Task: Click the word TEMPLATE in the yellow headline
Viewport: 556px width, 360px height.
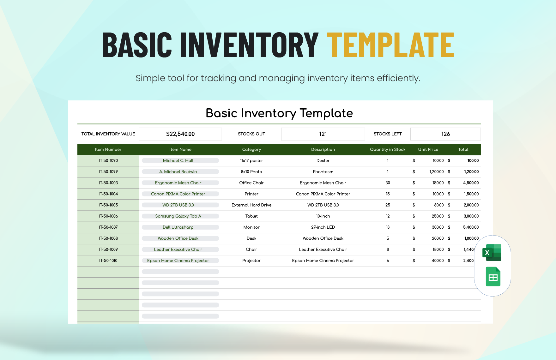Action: tap(390, 45)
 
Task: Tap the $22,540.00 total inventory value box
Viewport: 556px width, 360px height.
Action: tap(180, 134)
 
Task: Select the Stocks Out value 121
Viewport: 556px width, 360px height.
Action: tap(323, 134)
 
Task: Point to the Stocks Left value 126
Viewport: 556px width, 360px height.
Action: tap(445, 134)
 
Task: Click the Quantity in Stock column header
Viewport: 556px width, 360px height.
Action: tap(388, 149)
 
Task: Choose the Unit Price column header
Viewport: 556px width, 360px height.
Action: tap(428, 149)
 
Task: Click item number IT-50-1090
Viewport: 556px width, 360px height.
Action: tap(108, 160)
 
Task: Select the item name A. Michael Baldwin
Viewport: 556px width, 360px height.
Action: tap(178, 171)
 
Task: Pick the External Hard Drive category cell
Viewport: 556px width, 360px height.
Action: tap(251, 205)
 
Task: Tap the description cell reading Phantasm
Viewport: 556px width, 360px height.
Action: tap(323, 171)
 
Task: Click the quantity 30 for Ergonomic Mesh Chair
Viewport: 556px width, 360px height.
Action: tap(388, 183)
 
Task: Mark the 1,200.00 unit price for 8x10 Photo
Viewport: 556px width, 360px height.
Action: tap(436, 171)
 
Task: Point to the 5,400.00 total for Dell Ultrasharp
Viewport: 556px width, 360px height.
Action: tap(471, 227)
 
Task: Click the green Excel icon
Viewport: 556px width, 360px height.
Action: tap(492, 253)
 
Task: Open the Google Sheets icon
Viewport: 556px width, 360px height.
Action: tap(493, 277)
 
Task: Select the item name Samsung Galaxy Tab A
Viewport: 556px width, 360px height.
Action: tap(178, 216)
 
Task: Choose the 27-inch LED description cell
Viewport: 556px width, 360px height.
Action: tap(323, 227)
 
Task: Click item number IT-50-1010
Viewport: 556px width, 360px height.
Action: tap(108, 261)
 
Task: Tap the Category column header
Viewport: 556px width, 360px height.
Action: tap(251, 149)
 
